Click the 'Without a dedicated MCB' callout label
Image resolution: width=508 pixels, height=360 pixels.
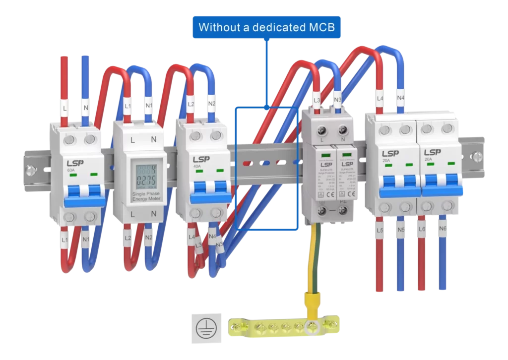(x=266, y=27)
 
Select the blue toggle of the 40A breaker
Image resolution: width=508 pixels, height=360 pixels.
(x=206, y=190)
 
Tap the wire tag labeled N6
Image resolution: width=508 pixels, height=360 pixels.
(x=443, y=230)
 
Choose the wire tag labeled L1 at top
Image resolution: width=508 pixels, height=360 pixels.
(x=128, y=106)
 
